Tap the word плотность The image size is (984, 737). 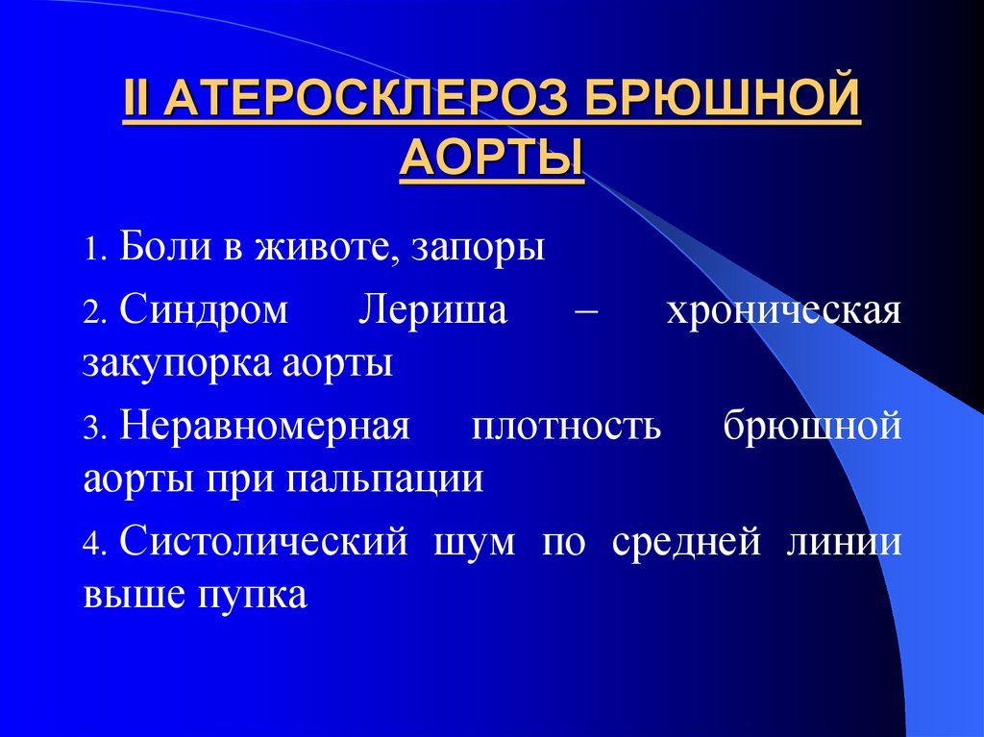pos(566,428)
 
